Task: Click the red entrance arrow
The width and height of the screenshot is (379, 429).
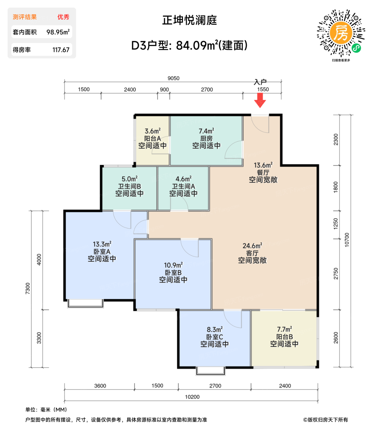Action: (x=260, y=100)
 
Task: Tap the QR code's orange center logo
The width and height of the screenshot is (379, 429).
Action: (x=341, y=33)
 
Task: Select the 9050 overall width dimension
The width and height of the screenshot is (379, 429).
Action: (x=173, y=78)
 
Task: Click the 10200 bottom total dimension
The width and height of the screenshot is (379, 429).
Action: (x=192, y=397)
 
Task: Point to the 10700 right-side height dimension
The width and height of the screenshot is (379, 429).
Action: (x=347, y=240)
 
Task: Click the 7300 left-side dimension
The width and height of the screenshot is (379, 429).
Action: (x=28, y=288)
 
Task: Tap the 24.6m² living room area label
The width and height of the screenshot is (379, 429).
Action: (x=252, y=246)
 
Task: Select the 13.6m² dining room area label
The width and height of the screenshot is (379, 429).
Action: (x=263, y=165)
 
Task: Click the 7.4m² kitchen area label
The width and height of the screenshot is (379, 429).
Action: (x=206, y=131)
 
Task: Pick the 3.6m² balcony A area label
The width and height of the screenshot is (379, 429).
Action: (x=153, y=131)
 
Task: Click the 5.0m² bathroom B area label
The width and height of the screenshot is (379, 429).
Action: (x=129, y=179)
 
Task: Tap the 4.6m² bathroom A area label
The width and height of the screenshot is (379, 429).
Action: (x=183, y=179)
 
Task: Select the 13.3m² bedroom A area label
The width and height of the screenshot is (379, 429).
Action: (x=102, y=244)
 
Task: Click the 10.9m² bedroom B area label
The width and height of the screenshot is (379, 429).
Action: (x=173, y=265)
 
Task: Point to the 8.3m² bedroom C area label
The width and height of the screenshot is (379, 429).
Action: (x=214, y=330)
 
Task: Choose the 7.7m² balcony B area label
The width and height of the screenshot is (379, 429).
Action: (x=284, y=329)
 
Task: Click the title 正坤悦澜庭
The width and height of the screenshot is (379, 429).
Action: (x=189, y=20)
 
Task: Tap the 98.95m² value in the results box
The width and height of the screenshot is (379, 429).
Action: (x=58, y=32)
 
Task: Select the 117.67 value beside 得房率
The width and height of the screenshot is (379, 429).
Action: (x=61, y=50)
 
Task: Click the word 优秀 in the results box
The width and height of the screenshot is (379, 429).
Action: (x=63, y=17)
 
